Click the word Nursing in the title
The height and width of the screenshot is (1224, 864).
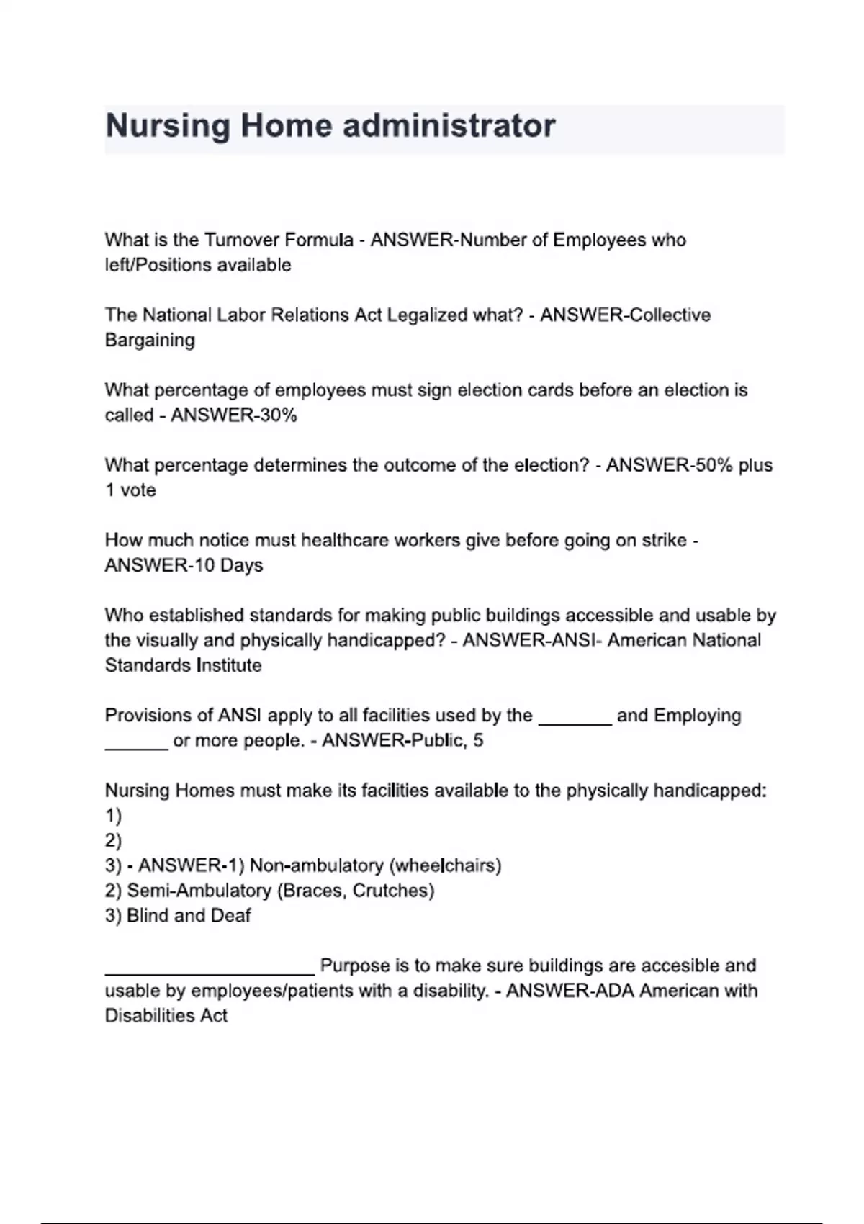pyautogui.click(x=167, y=127)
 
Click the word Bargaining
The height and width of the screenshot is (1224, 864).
pyautogui.click(x=150, y=340)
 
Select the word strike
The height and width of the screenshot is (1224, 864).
pyautogui.click(x=663, y=540)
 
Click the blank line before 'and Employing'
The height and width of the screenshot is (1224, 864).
pyautogui.click(x=575, y=721)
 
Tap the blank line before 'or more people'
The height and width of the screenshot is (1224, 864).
pyautogui.click(x=136, y=747)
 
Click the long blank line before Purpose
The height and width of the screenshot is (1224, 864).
pyautogui.click(x=209, y=972)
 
